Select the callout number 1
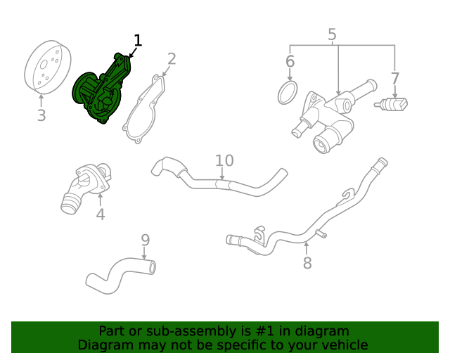tap(138, 41)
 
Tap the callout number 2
tap(171, 59)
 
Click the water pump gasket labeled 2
tap(144, 112)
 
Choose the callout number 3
tap(41, 115)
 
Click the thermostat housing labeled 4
tap(86, 186)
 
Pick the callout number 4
tap(101, 214)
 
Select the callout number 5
tap(332, 34)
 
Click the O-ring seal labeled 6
tap(288, 93)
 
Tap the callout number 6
tap(290, 62)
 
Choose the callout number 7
tap(395, 78)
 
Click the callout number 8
tap(307, 264)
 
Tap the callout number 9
tap(145, 240)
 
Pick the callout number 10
tap(224, 160)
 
